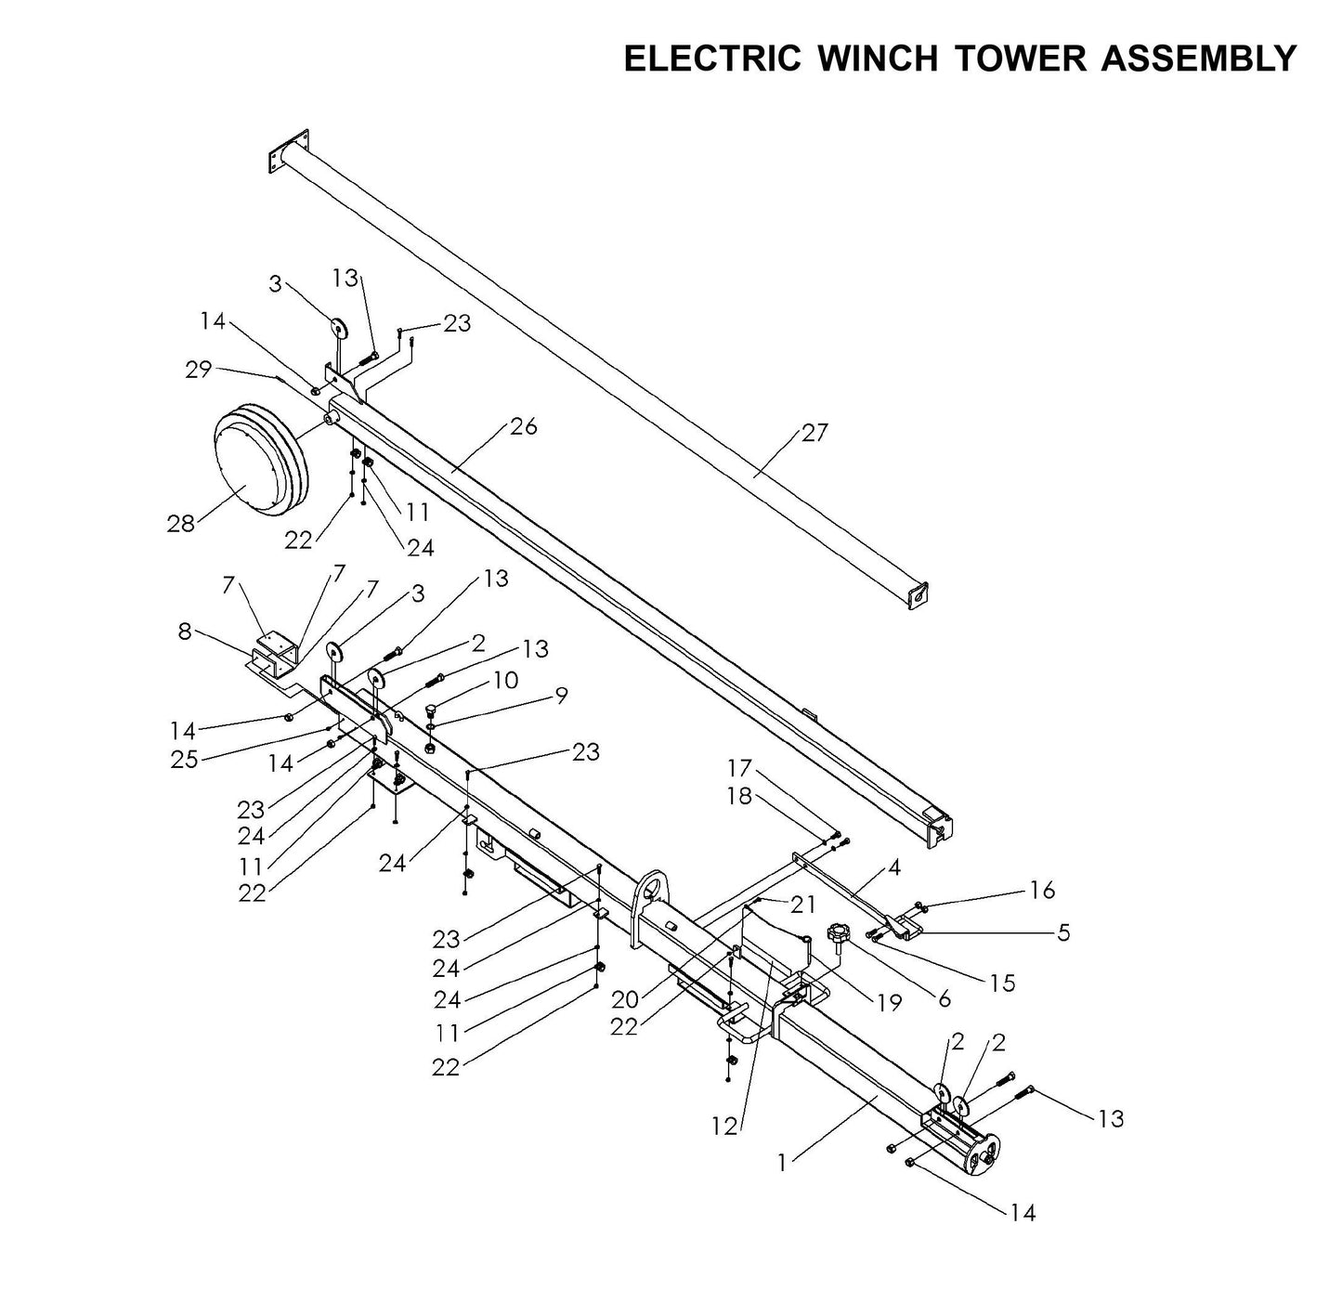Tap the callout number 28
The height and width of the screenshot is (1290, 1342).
tap(181, 524)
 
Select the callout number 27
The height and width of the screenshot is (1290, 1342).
tap(814, 433)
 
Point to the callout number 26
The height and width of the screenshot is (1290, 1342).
tap(523, 426)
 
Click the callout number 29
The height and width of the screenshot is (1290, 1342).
tap(198, 370)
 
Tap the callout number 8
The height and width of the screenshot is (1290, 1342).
tap(185, 632)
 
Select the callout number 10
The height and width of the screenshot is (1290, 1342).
tap(505, 681)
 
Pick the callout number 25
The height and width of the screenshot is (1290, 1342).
tap(184, 759)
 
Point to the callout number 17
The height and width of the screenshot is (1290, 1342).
tap(739, 769)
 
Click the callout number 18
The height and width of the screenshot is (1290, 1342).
tap(739, 797)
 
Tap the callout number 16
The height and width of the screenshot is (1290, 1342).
tap(1042, 891)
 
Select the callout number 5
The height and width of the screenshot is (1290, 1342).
tap(1063, 932)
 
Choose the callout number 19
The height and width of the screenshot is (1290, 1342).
tap(889, 1002)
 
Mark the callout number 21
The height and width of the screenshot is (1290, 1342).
tap(802, 905)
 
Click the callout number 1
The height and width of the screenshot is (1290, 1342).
tap(782, 1162)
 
